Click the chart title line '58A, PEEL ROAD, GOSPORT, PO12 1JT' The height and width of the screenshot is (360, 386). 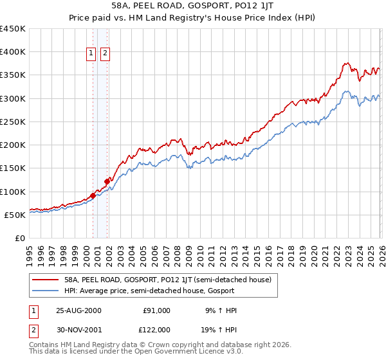tap(193, 6)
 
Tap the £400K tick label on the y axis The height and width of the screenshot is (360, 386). tap(13, 52)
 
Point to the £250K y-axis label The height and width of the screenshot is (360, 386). tap(13, 122)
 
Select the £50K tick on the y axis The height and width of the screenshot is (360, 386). tap(15, 215)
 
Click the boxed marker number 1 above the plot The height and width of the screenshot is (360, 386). tap(91, 53)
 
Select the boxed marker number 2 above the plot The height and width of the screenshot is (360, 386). tap(105, 53)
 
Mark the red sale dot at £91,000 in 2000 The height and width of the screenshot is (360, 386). tap(93, 195)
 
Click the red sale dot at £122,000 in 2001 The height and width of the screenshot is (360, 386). tap(107, 181)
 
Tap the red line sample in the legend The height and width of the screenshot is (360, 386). tap(45, 280)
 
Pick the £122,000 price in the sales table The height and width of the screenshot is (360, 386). tap(156, 329)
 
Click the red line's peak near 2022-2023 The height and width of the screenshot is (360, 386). tap(345, 63)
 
